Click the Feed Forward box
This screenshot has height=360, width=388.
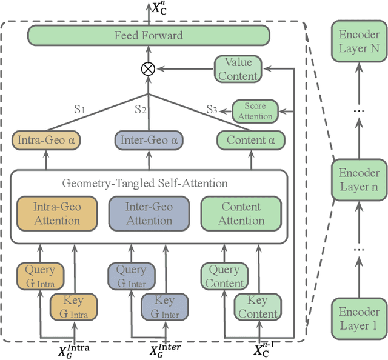[149, 36]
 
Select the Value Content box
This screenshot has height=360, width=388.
[238, 69]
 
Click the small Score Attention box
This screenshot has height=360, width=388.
[255, 111]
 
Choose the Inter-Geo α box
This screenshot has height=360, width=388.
[149, 141]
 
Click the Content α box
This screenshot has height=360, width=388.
[250, 141]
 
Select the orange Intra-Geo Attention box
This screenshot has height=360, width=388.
[57, 213]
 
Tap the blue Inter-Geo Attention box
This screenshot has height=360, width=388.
[149, 213]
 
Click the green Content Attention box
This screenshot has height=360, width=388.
[241, 213]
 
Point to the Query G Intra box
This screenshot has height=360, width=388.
[39, 276]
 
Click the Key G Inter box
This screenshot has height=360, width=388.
[164, 307]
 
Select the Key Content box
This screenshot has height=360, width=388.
[257, 307]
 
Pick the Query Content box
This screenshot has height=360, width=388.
[224, 276]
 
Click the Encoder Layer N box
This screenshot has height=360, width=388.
[359, 41]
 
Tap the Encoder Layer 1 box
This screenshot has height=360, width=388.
[359, 319]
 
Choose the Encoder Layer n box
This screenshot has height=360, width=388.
[359, 179]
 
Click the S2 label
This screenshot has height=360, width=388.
[141, 110]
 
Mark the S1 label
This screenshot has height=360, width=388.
[80, 110]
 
